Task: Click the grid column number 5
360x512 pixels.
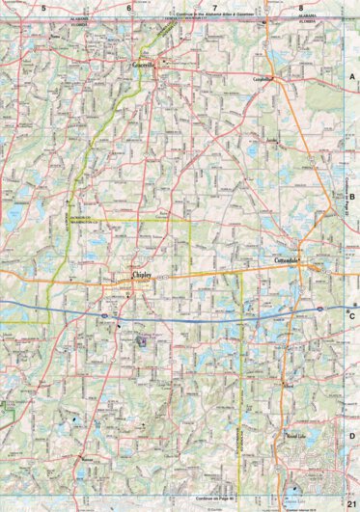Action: tap(42, 8)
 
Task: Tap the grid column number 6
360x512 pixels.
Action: tap(128, 8)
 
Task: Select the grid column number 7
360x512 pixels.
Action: tap(214, 8)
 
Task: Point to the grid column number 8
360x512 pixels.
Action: tap(301, 8)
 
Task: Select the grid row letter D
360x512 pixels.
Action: tap(352, 436)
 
